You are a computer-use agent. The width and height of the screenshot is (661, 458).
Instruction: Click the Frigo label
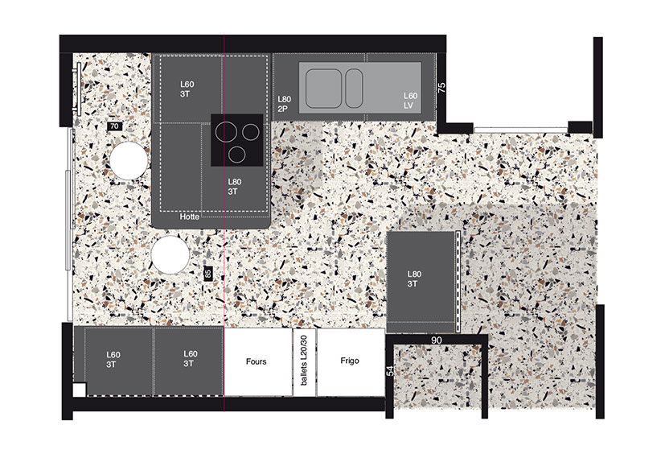350,361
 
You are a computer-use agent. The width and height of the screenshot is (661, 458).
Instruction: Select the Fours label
257,361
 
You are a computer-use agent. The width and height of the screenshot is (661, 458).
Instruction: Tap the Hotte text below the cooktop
190,217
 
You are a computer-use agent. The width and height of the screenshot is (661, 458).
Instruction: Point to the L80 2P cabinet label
284,104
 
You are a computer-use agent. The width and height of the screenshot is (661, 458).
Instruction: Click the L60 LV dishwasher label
410,101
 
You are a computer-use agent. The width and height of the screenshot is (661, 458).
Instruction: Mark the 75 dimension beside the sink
441,88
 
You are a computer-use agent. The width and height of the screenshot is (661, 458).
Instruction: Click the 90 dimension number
437,340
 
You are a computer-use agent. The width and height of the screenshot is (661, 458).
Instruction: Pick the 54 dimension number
391,371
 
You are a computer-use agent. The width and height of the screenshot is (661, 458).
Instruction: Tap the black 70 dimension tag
114,126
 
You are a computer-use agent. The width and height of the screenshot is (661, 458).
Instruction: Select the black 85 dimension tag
207,273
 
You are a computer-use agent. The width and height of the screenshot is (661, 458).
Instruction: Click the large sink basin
324,89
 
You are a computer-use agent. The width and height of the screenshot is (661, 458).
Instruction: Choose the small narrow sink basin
354,89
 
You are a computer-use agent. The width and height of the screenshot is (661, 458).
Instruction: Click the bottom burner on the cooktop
237,154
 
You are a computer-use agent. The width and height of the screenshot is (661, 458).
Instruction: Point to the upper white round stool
129,160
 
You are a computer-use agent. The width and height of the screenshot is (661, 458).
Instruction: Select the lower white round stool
170,255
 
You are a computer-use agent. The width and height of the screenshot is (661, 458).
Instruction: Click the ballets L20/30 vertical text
304,361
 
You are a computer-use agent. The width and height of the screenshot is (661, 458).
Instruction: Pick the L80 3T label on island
234,187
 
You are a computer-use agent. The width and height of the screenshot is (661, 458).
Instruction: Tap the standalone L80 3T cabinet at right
421,282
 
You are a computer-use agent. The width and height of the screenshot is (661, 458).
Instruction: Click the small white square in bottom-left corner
80,390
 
